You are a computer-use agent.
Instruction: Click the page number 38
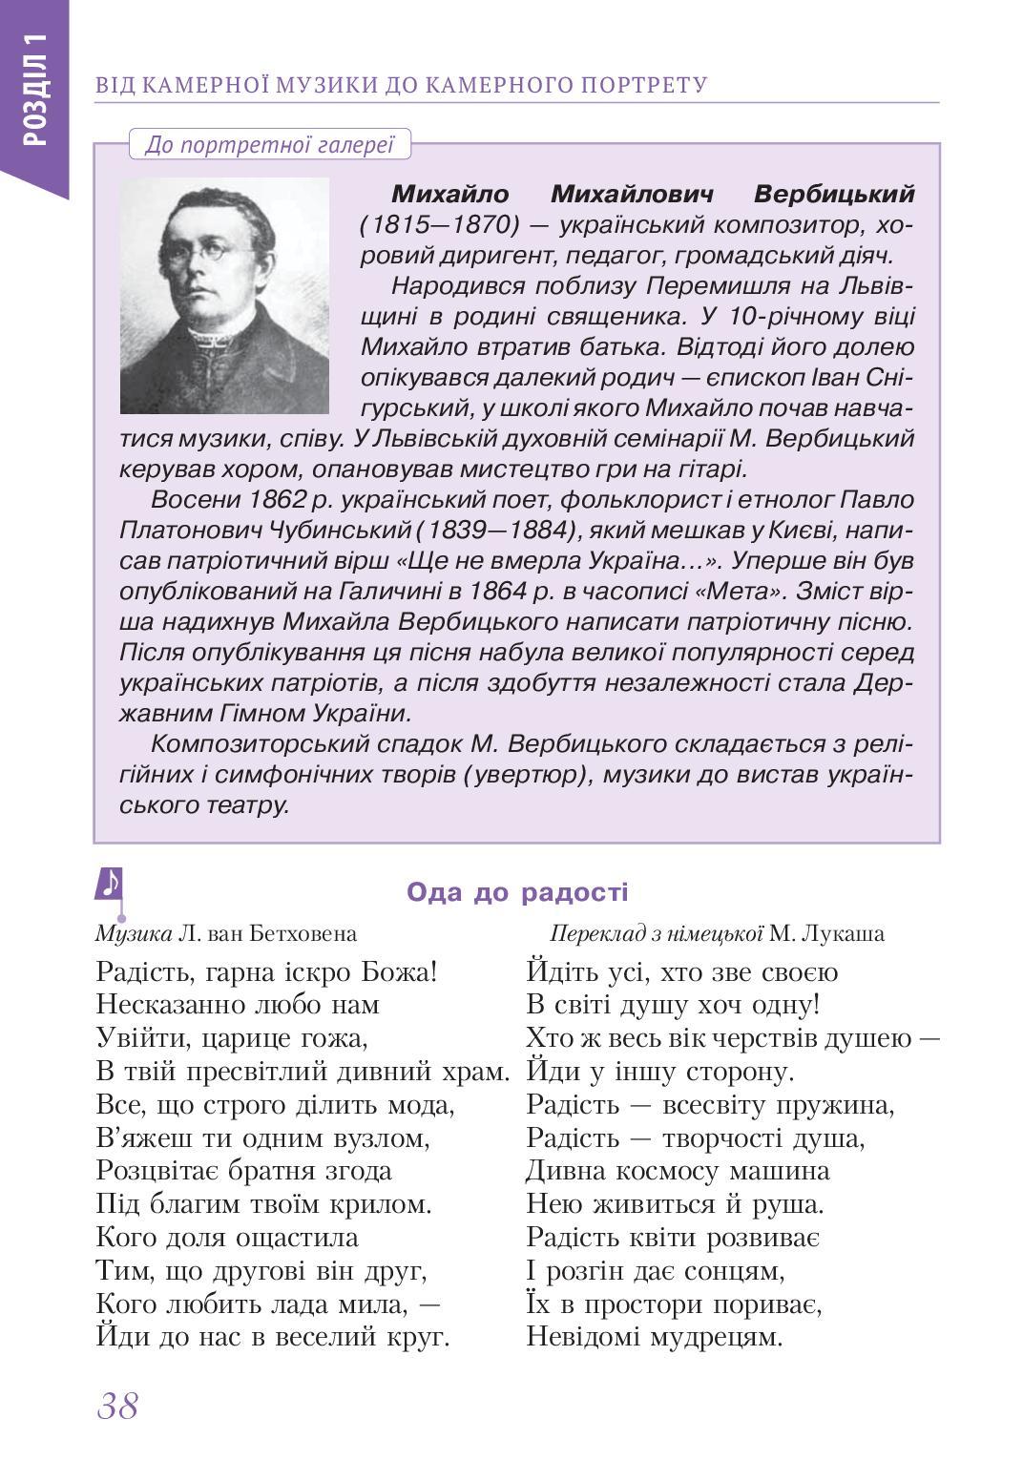point(117,1406)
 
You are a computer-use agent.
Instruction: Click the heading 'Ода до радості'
point(517,892)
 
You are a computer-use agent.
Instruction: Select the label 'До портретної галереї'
point(269,145)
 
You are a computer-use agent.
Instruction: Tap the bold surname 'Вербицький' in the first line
point(833,194)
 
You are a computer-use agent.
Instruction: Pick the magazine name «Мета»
point(741,591)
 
